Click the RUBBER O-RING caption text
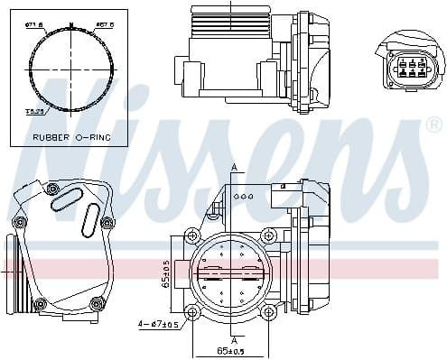pos(70,137)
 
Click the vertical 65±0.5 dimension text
pos(165,274)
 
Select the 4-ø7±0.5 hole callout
pos(160,323)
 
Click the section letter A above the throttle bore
pos(233,168)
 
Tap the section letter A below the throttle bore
pos(233,339)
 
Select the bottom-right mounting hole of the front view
pos(268,312)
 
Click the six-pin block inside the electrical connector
pos(405,69)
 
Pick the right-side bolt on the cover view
pos(107,222)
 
